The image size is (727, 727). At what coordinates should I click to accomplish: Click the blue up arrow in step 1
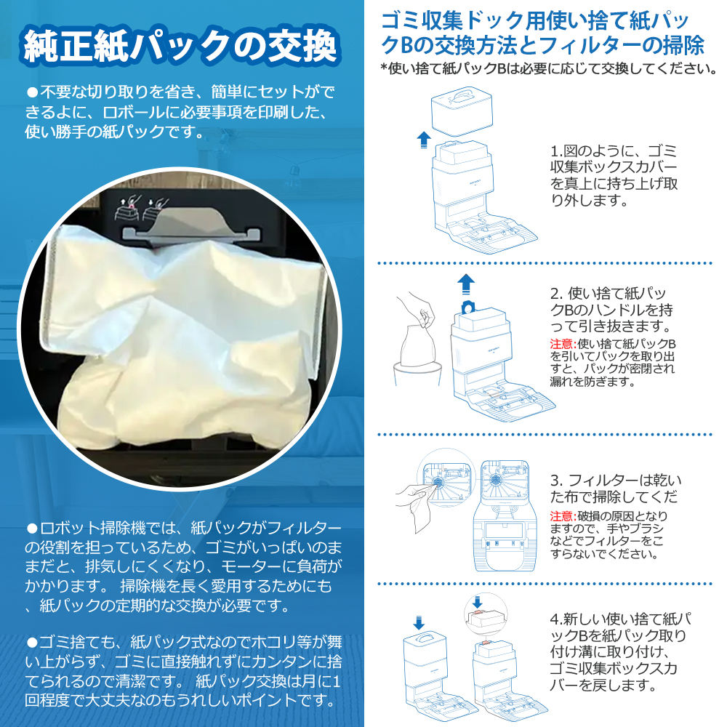coord(423,140)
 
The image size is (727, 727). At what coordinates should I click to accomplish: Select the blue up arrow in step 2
coord(466,284)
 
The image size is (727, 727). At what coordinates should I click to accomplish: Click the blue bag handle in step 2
coord(468,307)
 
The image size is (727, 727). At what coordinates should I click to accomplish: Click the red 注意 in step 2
coord(562,344)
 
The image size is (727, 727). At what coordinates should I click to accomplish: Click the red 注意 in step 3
coord(562,516)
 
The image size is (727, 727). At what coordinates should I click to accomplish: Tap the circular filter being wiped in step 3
coord(437,482)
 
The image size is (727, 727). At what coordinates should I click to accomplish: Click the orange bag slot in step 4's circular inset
coord(477,615)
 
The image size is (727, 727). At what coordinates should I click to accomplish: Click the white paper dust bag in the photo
coord(185,339)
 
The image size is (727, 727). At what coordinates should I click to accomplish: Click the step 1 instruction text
coord(614,175)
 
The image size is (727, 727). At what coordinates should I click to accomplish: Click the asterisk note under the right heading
coord(548,68)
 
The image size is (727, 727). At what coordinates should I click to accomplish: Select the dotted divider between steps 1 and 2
coord(545,263)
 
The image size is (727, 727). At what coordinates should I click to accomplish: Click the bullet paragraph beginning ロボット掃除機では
coord(183,566)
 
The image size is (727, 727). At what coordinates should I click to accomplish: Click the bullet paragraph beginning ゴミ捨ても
coord(183,671)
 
